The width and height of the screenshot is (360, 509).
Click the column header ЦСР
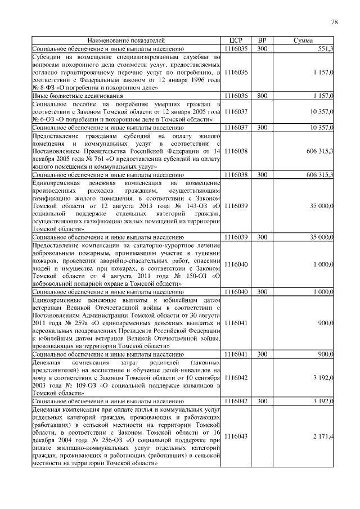(236, 41)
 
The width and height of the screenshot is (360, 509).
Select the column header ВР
(262, 41)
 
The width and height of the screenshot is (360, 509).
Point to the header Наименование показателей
(126, 41)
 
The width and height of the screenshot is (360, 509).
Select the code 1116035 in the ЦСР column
(236, 49)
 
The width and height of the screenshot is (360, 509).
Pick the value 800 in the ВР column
(262, 96)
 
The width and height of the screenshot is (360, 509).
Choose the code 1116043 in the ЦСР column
(236, 436)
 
